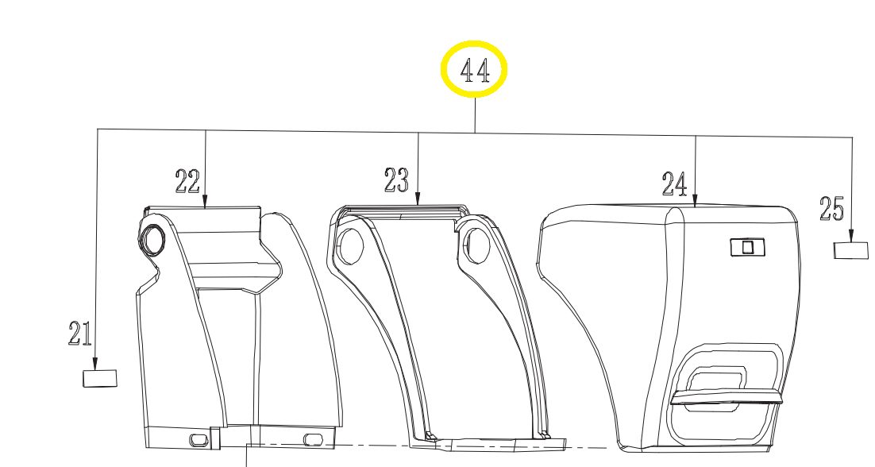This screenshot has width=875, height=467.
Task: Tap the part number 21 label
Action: pos(80,333)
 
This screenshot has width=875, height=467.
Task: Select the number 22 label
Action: pos(187,181)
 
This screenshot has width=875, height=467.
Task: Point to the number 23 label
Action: pos(396,180)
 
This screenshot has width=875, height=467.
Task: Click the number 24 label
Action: pos(675,183)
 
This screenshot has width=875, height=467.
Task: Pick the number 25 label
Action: pos(832,209)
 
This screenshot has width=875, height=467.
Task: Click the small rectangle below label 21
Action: pos(101,378)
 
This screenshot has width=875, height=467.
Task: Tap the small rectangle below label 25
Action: pos(851,250)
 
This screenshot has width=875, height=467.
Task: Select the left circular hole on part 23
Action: pos(350,245)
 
